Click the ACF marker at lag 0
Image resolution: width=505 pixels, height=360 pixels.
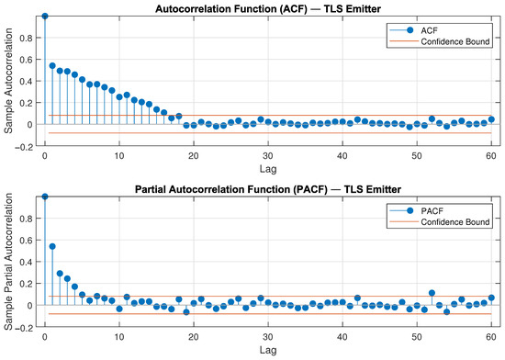click(45, 17)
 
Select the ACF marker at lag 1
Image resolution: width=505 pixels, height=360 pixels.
click(52, 66)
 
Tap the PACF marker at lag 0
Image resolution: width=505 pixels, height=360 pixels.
click(45, 197)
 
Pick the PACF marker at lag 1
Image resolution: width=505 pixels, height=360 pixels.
click(52, 246)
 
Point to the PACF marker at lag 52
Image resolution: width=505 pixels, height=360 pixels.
click(432, 293)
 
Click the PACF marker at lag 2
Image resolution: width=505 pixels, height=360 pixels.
click(60, 274)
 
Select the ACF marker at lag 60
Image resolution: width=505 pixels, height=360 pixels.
click(491, 119)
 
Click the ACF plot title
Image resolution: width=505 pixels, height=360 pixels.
click(268, 8)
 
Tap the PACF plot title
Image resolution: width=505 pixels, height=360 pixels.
click(268, 189)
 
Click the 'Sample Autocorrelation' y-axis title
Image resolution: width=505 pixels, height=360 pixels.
click(8, 81)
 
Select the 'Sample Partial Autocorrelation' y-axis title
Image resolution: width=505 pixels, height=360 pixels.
click(8, 262)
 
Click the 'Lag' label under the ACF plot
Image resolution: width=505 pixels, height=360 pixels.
click(268, 169)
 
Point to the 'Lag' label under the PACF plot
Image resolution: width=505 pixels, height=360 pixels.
click(268, 350)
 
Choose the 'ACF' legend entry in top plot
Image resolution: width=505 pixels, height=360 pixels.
click(429, 30)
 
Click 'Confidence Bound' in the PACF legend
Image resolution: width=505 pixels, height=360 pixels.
click(455, 222)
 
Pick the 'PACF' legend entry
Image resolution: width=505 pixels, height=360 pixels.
click(432, 211)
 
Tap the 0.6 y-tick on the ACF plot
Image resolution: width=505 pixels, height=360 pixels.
click(26, 60)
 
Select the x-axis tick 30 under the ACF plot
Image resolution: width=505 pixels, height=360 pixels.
click(268, 156)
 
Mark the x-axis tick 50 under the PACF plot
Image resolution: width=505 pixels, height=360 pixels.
click(417, 337)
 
